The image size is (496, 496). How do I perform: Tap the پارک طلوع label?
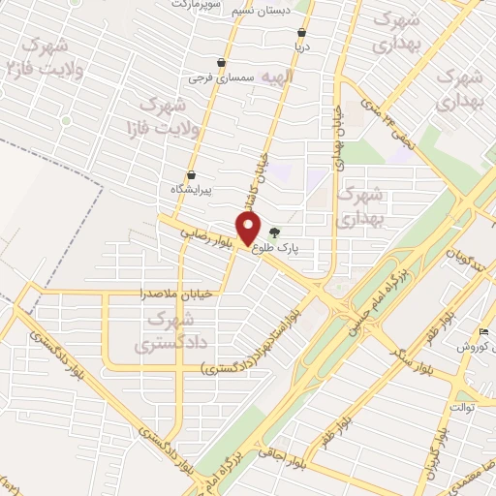[277, 248]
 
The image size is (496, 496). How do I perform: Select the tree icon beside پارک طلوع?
[274, 232]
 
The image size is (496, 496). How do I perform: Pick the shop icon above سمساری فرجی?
[223, 63]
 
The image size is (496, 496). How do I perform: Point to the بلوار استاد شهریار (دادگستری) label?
[256, 342]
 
